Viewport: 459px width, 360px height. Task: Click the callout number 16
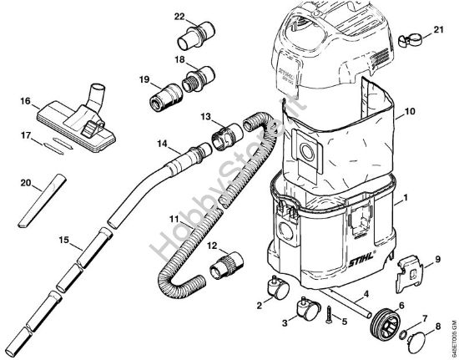tap(26, 102)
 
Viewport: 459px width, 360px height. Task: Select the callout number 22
tap(179, 16)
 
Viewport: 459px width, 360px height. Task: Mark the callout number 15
tap(63, 242)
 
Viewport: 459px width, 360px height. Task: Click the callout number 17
tap(26, 134)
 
